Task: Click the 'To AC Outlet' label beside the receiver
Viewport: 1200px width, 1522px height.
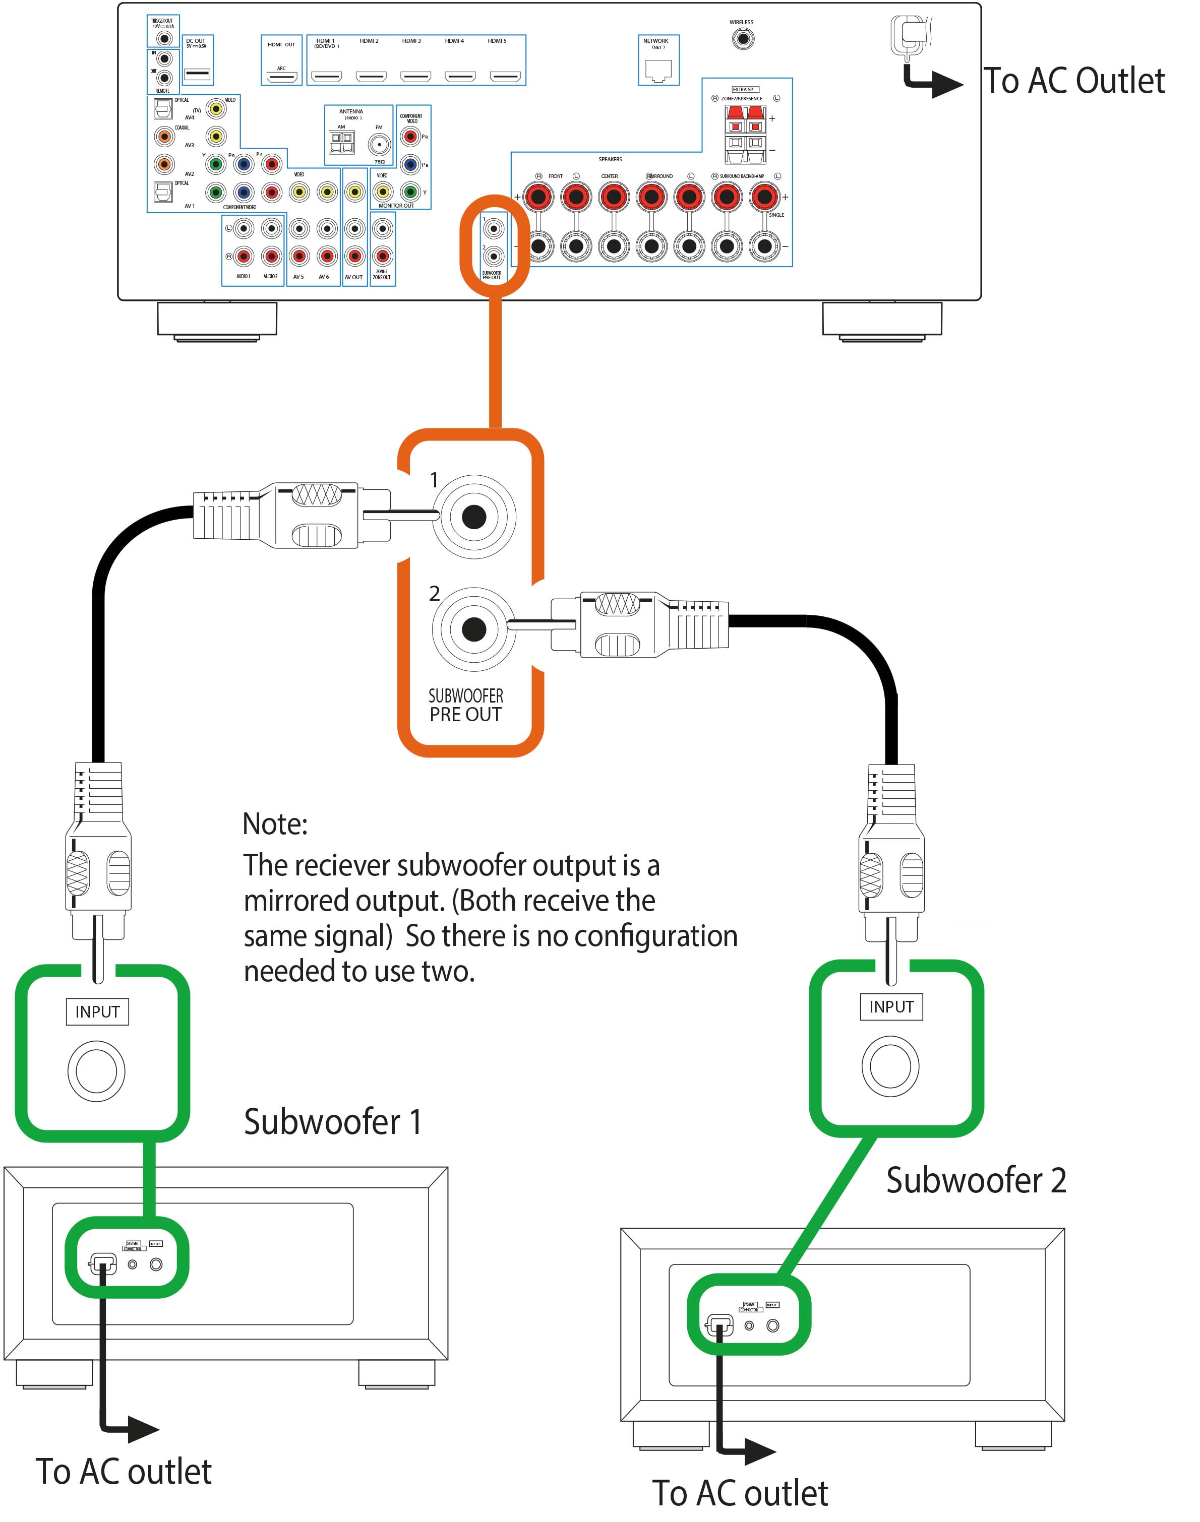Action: click(1073, 81)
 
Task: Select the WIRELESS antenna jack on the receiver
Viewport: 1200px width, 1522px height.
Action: click(742, 39)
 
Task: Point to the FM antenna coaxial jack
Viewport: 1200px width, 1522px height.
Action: click(379, 145)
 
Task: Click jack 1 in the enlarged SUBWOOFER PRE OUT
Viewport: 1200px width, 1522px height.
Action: click(473, 518)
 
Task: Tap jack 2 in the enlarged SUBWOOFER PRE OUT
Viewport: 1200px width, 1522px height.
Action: click(473, 629)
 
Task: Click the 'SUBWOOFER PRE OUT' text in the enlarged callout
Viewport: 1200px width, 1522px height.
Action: click(466, 705)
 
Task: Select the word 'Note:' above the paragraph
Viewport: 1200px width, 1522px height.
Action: click(275, 824)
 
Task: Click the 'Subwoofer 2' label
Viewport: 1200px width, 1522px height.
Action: click(976, 1180)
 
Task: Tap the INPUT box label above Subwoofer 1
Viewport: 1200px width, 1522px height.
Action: click(98, 1012)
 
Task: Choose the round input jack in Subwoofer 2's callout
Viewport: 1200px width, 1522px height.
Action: click(890, 1066)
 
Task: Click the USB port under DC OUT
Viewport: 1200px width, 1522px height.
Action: click(197, 74)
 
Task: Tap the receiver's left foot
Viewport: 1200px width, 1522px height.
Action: click(217, 320)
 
